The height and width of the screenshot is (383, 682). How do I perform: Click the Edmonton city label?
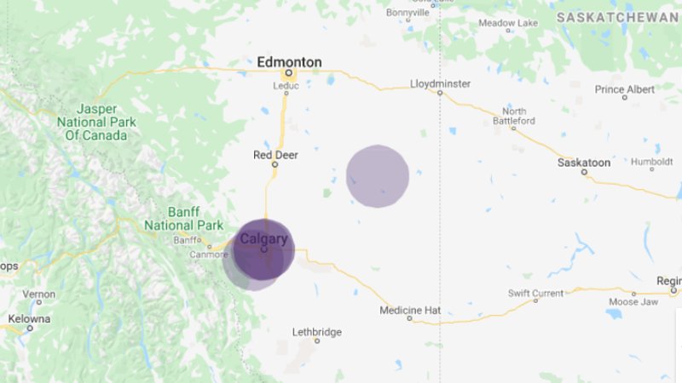(289, 62)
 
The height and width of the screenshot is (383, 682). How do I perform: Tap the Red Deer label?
(275, 155)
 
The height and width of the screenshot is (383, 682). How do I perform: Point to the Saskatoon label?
(583, 162)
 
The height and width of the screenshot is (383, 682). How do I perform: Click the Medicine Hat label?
(410, 310)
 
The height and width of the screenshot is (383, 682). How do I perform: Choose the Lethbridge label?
(316, 331)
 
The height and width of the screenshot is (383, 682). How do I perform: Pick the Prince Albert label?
(625, 89)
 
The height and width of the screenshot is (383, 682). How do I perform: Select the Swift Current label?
(535, 293)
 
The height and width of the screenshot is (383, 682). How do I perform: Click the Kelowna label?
(30, 319)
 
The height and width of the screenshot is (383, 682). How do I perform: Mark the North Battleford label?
(514, 117)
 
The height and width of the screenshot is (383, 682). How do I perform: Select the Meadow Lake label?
(508, 23)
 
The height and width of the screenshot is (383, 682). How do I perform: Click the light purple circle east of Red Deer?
(378, 176)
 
